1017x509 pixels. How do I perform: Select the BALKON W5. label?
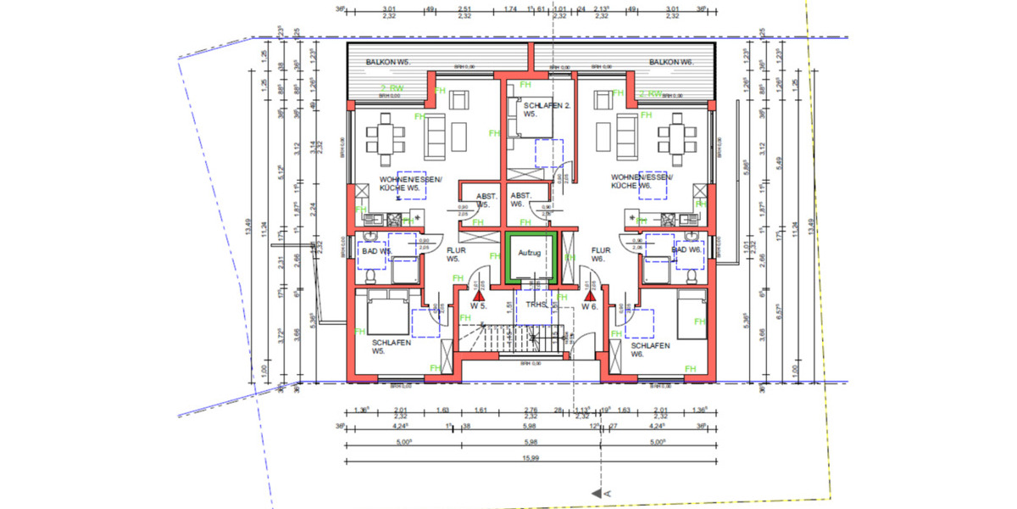click(387, 63)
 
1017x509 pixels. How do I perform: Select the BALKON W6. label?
click(671, 63)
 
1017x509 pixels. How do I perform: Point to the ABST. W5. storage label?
click(485, 201)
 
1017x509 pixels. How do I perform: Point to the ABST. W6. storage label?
click(521, 200)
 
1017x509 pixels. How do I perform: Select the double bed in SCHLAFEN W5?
click(386, 312)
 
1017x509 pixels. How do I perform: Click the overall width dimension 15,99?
click(531, 459)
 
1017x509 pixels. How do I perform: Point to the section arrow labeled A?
click(603, 491)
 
